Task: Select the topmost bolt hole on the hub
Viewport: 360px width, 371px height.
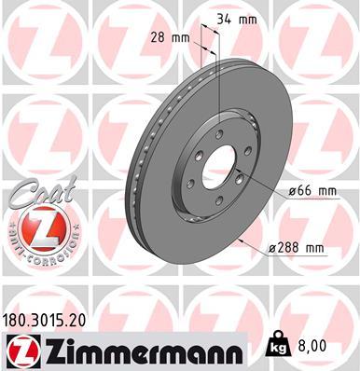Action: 220,134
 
